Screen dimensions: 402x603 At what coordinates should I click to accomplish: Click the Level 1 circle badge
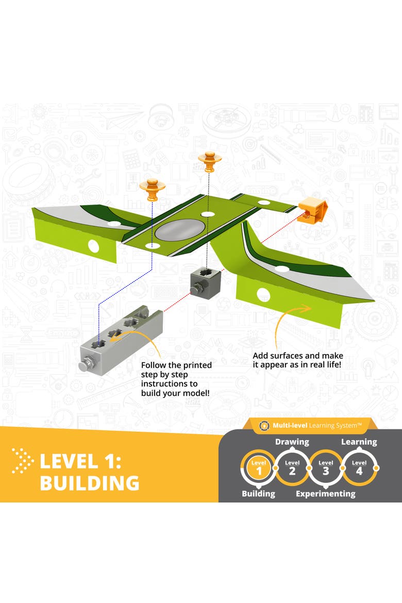click(259, 468)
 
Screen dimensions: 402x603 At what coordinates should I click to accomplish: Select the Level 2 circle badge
click(292, 468)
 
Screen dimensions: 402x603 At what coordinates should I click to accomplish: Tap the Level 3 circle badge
click(326, 468)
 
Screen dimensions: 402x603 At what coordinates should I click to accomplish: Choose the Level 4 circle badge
click(359, 468)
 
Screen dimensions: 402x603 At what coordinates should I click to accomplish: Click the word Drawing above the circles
click(292, 442)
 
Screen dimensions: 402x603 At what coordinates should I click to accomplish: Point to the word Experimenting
click(325, 494)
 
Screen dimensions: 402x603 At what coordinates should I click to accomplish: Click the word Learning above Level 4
click(359, 442)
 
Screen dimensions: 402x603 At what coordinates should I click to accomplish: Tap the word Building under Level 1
click(259, 494)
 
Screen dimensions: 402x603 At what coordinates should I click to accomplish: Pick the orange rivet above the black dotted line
click(209, 161)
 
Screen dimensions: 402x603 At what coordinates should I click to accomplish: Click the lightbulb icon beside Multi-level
click(264, 426)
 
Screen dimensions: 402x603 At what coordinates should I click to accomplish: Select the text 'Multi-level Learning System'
click(317, 425)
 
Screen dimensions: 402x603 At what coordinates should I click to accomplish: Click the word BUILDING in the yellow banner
click(90, 482)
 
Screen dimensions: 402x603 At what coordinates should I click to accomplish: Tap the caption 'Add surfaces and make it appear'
click(298, 360)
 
